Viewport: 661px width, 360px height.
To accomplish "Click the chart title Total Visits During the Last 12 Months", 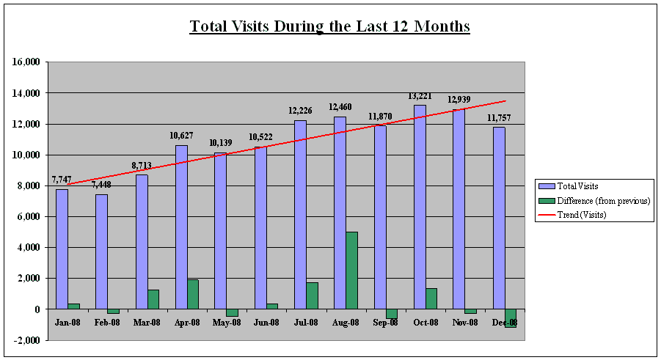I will [329, 26].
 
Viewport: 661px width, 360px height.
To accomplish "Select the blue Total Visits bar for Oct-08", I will [420, 207].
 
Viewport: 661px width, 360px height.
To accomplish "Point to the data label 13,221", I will [420, 96].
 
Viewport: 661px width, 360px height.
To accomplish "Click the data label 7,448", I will [101, 185].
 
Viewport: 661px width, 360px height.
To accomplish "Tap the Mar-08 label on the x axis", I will [147, 323].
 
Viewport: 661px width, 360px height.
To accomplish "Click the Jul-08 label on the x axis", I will [306, 323].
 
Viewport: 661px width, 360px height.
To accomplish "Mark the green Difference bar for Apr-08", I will [194, 294].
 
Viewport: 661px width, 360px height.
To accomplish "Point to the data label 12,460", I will [340, 107].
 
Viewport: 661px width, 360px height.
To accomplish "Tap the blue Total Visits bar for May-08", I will [221, 231].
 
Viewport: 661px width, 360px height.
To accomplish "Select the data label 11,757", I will [499, 118].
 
